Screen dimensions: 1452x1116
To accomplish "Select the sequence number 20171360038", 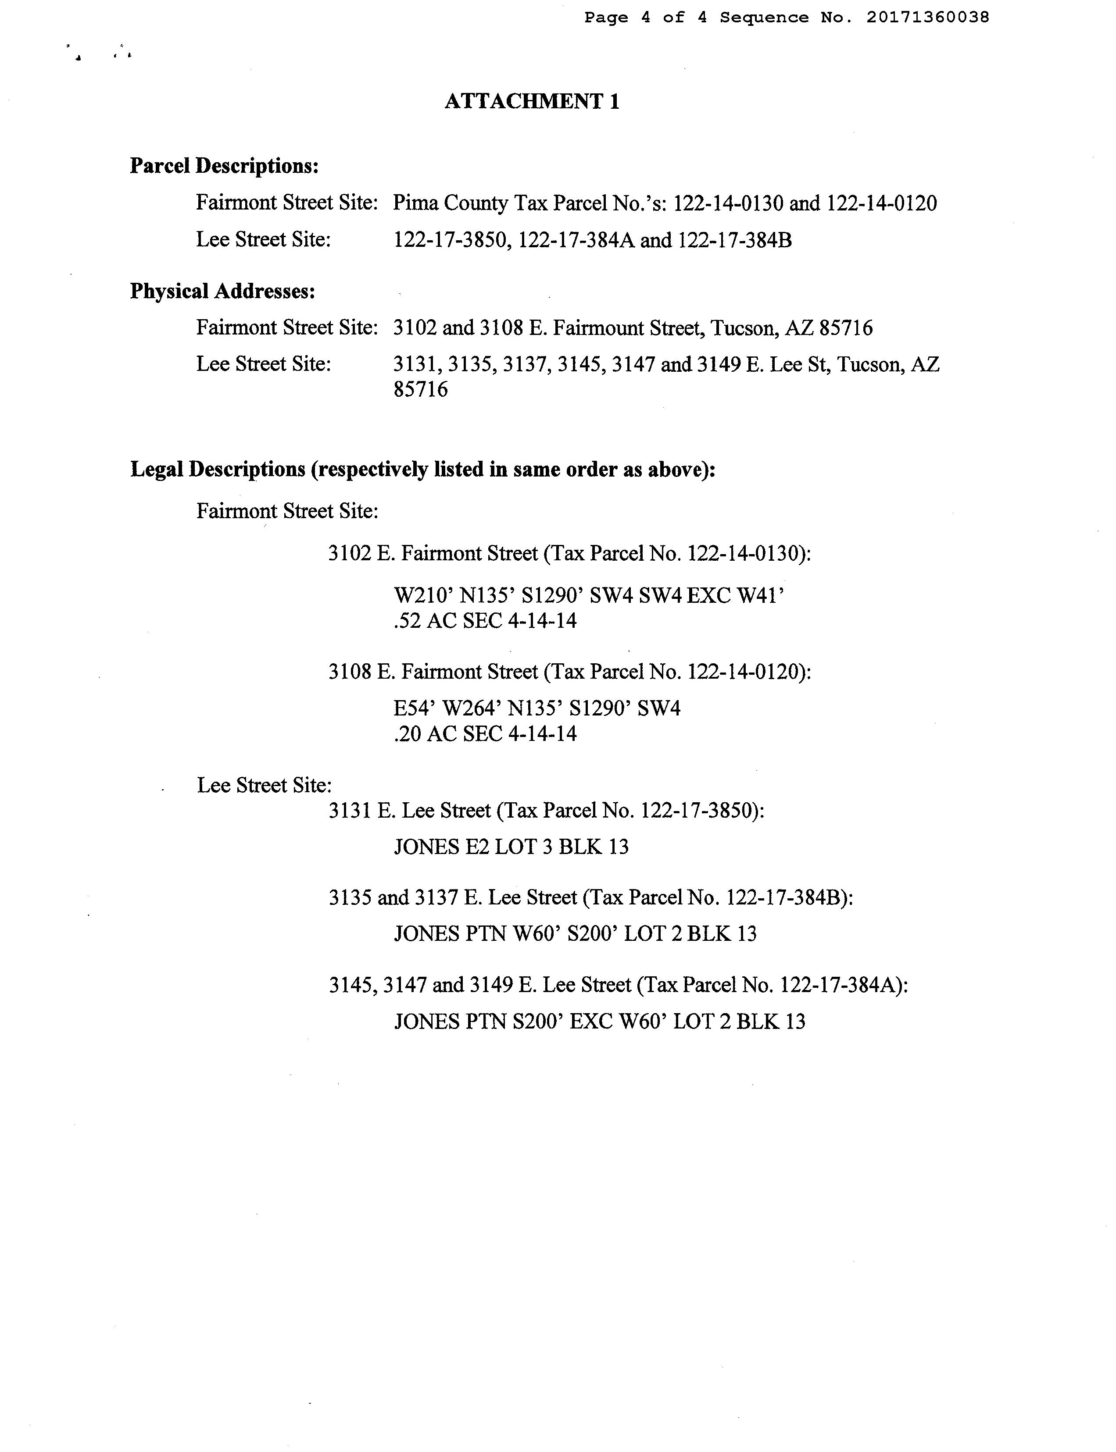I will pos(927,17).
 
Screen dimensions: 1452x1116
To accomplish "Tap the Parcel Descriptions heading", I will pos(224,166).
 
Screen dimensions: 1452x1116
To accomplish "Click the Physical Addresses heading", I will pos(222,291).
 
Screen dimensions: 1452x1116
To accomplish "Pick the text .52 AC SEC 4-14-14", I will pos(485,621).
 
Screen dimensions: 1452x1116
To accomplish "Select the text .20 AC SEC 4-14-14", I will pos(485,733).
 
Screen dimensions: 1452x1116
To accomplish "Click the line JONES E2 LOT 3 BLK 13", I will pos(511,847).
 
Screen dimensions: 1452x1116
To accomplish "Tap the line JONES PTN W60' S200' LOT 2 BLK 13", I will pos(575,934).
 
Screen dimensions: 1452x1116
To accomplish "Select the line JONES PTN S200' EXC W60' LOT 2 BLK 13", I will pos(599,1021).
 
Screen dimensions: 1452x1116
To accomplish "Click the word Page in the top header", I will pos(606,17).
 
